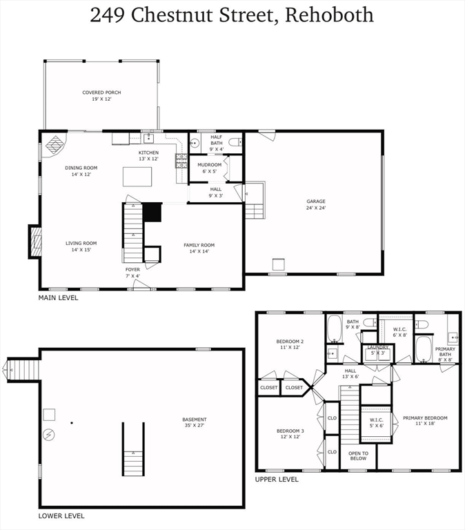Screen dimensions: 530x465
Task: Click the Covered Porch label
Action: (x=97, y=95)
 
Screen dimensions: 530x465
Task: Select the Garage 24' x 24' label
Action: (x=316, y=204)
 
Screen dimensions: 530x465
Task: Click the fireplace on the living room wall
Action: (x=35, y=242)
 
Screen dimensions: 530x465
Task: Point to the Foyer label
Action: (x=132, y=272)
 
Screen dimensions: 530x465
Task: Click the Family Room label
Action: (x=199, y=248)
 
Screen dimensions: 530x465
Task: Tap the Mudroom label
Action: (x=209, y=168)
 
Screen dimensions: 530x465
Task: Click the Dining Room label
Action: (x=81, y=170)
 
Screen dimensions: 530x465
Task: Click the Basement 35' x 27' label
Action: (x=194, y=422)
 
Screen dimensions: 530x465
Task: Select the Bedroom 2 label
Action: (x=290, y=344)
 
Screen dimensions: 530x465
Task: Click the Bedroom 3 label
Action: (x=290, y=433)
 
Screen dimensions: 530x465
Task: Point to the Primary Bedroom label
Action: (x=425, y=421)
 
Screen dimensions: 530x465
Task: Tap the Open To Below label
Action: (x=358, y=455)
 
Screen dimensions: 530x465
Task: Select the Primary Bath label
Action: (x=445, y=352)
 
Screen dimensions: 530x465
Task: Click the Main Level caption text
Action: (x=58, y=298)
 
